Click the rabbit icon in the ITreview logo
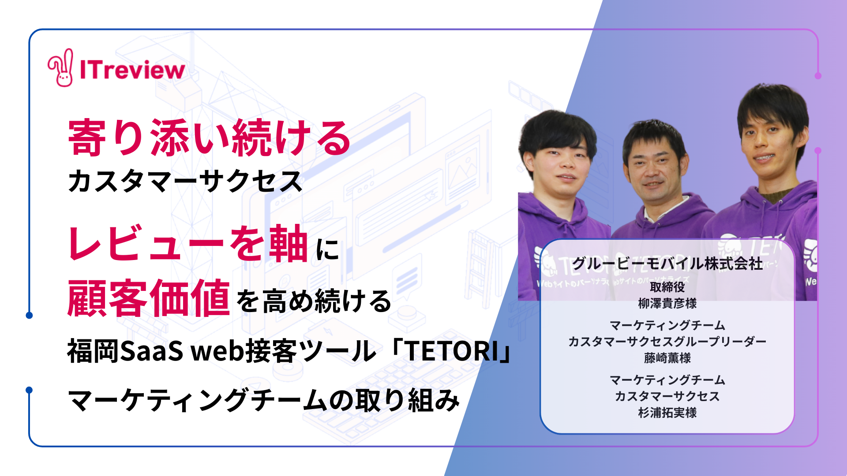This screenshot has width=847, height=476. (x=61, y=67)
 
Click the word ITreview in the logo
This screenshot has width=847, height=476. (x=132, y=70)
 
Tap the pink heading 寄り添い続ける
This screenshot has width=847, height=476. (x=210, y=138)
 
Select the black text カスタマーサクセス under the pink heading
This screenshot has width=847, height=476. (x=185, y=181)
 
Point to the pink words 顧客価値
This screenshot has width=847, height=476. (x=149, y=298)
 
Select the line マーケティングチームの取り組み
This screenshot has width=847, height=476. (x=264, y=400)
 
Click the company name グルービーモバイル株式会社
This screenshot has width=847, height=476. (x=667, y=264)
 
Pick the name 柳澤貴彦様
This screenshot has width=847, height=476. (x=667, y=303)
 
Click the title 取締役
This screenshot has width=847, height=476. (x=667, y=287)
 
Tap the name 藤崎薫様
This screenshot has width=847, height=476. (x=667, y=358)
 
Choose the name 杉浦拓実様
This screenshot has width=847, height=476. (x=667, y=413)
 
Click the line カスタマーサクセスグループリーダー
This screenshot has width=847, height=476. (x=667, y=342)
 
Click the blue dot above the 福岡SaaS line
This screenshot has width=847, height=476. (x=29, y=315)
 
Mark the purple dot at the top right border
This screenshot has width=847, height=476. (x=818, y=76)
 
